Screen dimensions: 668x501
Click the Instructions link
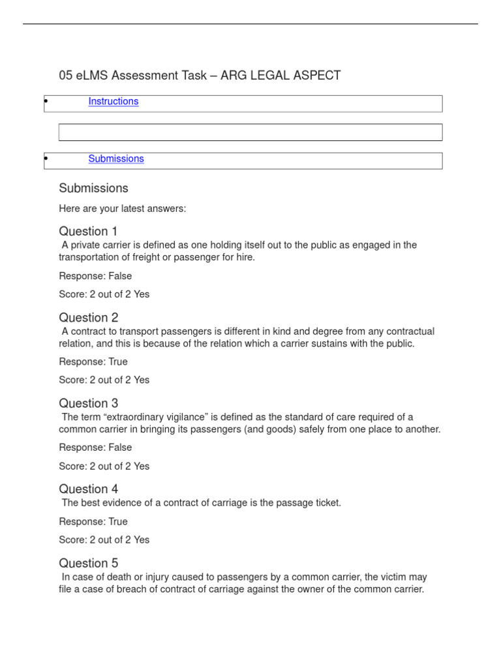(x=114, y=102)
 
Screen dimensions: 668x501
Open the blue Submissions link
(x=116, y=159)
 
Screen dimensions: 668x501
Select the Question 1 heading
(x=88, y=232)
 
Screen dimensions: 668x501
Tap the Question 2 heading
(x=88, y=318)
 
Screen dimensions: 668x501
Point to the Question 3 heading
(x=88, y=403)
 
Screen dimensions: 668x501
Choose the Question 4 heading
(x=88, y=489)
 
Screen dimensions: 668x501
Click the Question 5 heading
(x=88, y=563)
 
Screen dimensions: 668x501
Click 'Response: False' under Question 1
(x=95, y=276)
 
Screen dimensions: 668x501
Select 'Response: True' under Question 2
(x=93, y=362)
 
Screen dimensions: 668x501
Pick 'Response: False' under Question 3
(x=95, y=448)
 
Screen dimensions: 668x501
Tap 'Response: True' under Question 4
(x=93, y=522)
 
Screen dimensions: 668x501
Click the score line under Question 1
(x=104, y=294)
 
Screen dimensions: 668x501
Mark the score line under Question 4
(x=104, y=540)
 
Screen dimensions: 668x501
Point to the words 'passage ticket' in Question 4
(x=309, y=504)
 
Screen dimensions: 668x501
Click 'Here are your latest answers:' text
(x=122, y=209)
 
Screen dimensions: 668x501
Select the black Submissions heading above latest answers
(x=93, y=189)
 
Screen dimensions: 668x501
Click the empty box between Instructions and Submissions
(x=250, y=132)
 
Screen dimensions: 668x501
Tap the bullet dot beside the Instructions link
(x=46, y=101)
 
